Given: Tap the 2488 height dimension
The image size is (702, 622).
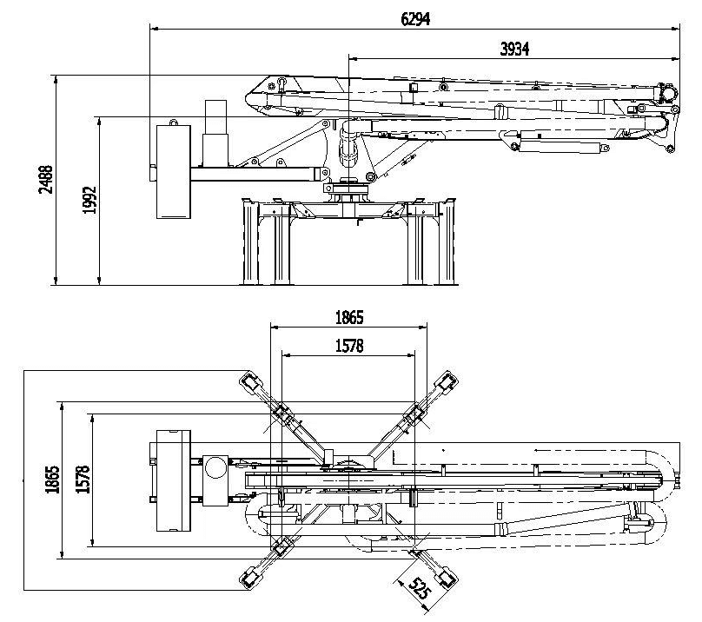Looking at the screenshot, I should pos(45,180).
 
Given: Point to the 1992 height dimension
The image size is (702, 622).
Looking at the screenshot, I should pos(89,200).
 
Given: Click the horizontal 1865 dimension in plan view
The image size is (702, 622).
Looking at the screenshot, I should pos(348,317).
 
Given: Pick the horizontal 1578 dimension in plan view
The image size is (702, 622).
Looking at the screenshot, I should pos(348,345).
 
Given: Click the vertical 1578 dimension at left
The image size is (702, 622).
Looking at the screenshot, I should pos(82,482).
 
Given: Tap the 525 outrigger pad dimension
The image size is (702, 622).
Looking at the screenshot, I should pos(420,591).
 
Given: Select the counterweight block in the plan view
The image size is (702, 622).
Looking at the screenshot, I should pos(172,480).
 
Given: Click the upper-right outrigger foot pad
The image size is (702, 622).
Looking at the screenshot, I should pos(447,382).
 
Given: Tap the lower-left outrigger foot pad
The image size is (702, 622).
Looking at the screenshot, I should pos(251,577).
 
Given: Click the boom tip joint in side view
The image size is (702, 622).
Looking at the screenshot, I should pos(668,91).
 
